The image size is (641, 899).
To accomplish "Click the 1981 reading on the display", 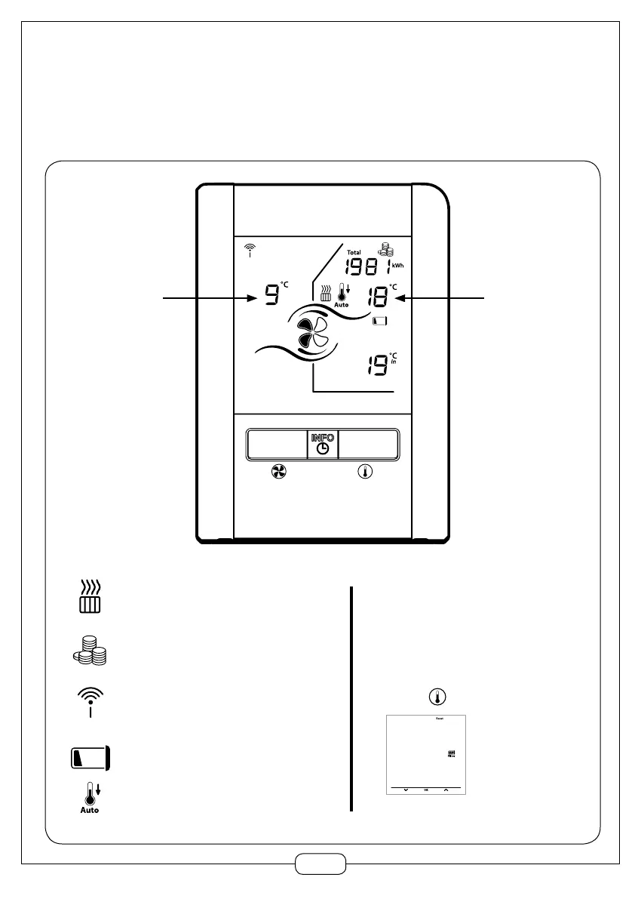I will pos(367,267).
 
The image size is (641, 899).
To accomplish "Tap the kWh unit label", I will pos(397,266).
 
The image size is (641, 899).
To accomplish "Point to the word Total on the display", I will pos(354,252).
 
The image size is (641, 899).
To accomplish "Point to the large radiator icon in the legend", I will pos(91,596).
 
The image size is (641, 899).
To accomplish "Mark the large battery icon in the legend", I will pos(91,757).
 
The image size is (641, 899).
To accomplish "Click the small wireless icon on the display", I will pos(250,251).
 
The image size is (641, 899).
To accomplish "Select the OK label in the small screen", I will pos(426,789).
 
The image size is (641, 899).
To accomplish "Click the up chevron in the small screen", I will pos(446,789).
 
